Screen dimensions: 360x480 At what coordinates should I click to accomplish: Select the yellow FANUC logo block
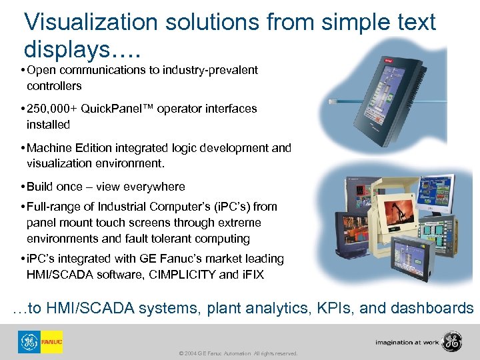coord(51,342)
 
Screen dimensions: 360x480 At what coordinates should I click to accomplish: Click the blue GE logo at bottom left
coord(29,342)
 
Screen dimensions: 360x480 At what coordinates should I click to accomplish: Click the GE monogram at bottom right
coord(453,342)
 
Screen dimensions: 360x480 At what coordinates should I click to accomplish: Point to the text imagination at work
coord(407,343)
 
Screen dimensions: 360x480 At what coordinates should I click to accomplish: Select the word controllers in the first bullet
coord(54,86)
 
